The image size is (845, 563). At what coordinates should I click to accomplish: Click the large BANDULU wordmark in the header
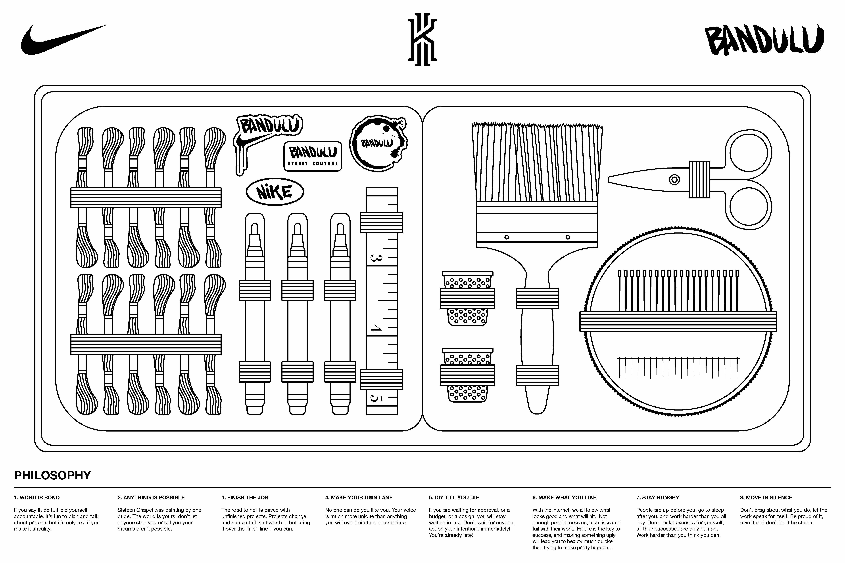(x=764, y=40)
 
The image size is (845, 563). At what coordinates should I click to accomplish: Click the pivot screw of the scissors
(x=674, y=180)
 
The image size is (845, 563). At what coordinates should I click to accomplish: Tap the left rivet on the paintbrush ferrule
(x=507, y=237)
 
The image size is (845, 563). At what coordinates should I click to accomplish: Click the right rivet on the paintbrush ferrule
(x=568, y=237)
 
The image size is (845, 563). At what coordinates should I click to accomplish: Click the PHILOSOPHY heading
(x=52, y=475)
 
